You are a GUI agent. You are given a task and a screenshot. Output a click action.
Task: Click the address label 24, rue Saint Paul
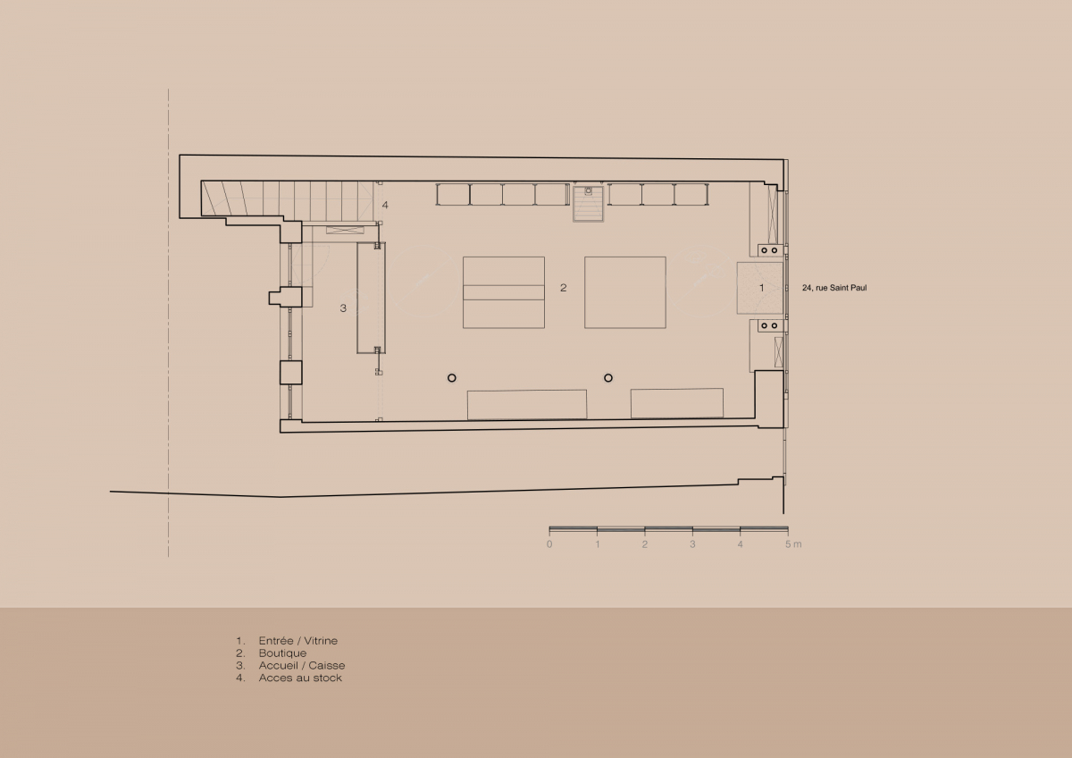point(834,288)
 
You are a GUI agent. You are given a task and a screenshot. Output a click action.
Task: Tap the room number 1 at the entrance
point(761,288)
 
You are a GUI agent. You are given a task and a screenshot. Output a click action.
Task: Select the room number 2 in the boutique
point(564,288)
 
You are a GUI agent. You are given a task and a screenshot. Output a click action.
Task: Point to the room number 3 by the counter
point(343,308)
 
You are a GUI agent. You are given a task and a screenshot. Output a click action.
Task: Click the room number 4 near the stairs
point(385,205)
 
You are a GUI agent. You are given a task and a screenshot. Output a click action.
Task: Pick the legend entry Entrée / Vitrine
point(297,641)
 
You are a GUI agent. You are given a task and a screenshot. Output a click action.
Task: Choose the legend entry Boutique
point(282,653)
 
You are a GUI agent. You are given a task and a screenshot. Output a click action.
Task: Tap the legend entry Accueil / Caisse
point(302,666)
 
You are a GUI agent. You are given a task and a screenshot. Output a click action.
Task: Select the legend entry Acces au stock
point(300,678)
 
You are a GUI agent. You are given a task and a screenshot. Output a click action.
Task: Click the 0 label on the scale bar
point(549,544)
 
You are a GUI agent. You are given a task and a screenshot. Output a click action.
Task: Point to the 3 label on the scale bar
point(692,544)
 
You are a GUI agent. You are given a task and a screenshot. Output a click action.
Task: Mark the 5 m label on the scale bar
point(793,544)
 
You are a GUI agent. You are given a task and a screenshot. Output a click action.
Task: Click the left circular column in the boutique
point(452,378)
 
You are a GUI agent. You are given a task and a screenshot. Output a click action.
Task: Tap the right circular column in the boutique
point(608,378)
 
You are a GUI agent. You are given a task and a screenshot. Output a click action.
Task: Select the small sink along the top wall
point(588,204)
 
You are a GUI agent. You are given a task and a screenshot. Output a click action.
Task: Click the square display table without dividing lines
point(625,292)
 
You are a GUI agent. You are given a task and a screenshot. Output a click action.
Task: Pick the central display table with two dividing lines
point(504,292)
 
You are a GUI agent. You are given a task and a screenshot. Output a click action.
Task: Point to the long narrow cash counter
point(371,298)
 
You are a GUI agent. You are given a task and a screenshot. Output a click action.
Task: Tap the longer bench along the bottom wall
point(527,405)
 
